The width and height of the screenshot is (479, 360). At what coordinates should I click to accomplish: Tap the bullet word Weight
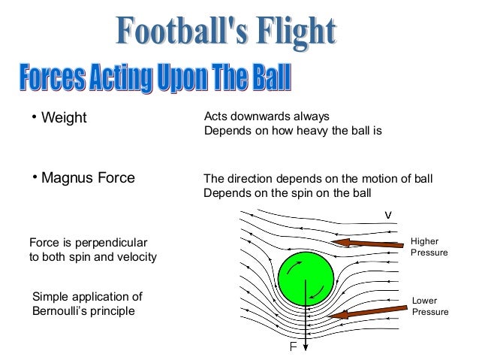64,119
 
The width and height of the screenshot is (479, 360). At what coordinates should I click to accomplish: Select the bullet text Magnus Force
89,178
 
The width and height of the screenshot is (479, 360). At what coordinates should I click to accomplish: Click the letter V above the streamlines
387,215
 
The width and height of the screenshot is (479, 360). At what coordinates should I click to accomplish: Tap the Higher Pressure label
429,247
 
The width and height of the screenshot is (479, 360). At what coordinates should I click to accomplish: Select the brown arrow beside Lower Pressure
367,311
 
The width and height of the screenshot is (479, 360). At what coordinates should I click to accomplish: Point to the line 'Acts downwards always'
267,116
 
